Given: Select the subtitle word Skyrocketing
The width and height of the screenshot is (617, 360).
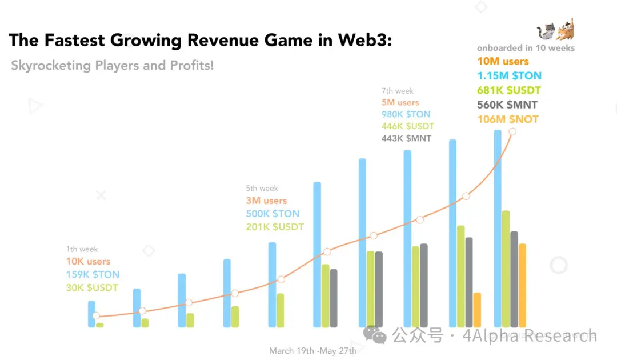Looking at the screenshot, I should click(x=51, y=65).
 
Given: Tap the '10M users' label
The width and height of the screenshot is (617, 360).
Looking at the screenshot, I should click(x=503, y=61).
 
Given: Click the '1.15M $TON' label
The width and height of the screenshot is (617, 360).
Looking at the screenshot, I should click(x=509, y=75).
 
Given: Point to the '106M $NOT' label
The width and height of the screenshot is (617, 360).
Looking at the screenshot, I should click(x=507, y=119).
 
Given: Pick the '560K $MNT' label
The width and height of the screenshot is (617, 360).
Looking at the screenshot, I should click(x=507, y=105).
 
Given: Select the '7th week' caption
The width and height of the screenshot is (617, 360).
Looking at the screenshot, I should click(x=398, y=90).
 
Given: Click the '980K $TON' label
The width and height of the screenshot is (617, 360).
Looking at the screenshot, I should click(x=406, y=114).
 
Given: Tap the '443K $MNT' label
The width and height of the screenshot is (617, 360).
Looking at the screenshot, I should click(x=407, y=138).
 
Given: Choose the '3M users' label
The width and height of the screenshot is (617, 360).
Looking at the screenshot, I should click(x=266, y=201).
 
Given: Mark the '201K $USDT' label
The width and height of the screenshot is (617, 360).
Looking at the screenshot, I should click(x=275, y=227).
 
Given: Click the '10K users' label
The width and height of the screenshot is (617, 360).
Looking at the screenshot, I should click(x=88, y=261).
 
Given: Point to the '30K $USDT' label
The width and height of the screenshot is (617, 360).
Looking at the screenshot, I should click(x=92, y=287).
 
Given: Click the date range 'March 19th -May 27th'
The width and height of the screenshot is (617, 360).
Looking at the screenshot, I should click(x=312, y=350).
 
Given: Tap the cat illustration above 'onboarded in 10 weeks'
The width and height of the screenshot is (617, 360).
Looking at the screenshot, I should click(x=555, y=30).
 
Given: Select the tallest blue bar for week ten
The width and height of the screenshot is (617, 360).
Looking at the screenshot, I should click(x=498, y=229).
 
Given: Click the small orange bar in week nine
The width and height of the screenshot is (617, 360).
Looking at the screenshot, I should click(x=477, y=310).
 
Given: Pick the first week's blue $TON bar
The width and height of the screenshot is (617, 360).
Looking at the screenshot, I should click(x=91, y=314).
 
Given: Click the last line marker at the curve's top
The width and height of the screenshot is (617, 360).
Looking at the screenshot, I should click(x=512, y=131).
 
